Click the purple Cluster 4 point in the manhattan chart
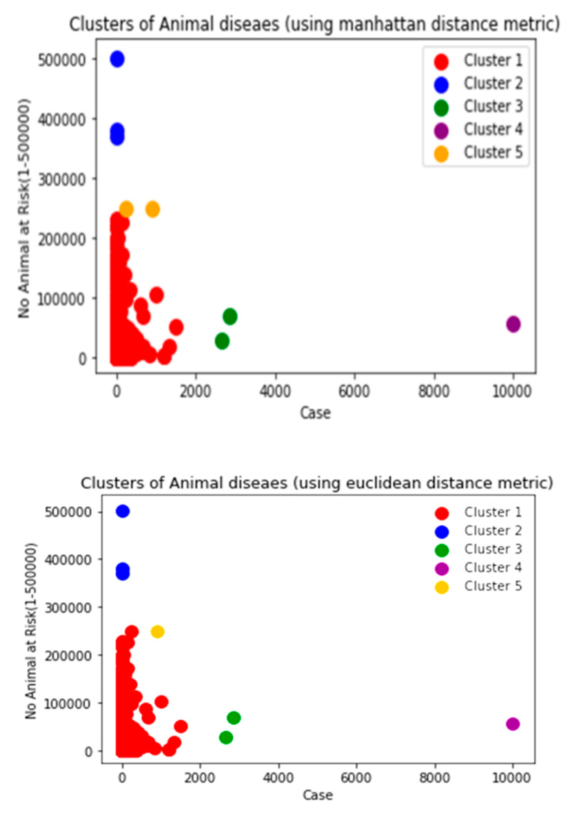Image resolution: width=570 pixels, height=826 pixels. pos(513,324)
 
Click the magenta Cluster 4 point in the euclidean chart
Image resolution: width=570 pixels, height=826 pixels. pos(512,723)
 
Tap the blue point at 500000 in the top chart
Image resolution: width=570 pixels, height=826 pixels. pos(117,59)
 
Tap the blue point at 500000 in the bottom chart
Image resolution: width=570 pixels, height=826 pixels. pos(122,511)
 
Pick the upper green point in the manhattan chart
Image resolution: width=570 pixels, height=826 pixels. pos(230,316)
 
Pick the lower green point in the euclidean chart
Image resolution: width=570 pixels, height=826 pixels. pos(226,737)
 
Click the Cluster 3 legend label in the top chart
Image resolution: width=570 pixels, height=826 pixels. pos(493,107)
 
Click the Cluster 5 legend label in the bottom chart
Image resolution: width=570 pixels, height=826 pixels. pos(493,586)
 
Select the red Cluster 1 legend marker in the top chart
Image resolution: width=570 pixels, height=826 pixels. pos(441,62)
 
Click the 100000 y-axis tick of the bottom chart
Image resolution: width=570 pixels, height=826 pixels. pos(68,703)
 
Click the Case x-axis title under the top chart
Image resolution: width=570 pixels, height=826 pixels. pos(315,413)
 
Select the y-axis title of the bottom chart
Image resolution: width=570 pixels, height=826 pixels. pos(31,631)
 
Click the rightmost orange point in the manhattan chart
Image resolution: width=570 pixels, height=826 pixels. pos(152,209)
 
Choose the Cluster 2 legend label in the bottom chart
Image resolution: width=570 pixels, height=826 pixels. pos(493,531)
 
